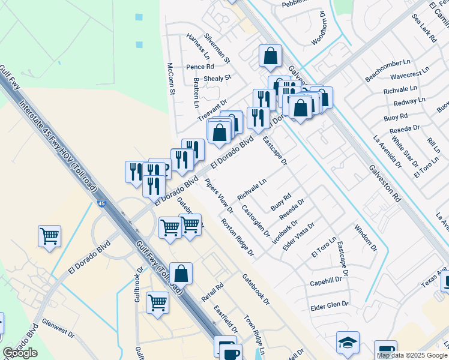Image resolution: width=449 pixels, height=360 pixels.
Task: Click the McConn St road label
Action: click(170, 79)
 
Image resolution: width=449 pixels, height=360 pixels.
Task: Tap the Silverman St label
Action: click(217, 48)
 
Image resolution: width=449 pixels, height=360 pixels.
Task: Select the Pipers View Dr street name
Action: click(218, 196)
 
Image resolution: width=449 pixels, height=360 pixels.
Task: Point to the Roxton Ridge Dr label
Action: click(237, 237)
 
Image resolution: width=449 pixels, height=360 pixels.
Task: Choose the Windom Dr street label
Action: click(366, 237)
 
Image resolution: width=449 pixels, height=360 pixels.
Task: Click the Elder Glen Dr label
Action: click(329, 305)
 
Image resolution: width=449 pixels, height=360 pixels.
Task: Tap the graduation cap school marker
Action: click(348, 342)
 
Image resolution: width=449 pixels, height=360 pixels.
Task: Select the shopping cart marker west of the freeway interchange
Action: click(49, 235)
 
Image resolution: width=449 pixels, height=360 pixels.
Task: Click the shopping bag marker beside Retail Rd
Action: click(181, 273)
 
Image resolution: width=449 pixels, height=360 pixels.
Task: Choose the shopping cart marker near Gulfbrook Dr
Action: click(157, 302)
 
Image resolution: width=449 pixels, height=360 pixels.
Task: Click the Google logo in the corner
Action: click(20, 353)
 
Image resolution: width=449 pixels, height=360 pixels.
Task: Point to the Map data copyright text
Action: click(412, 355)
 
